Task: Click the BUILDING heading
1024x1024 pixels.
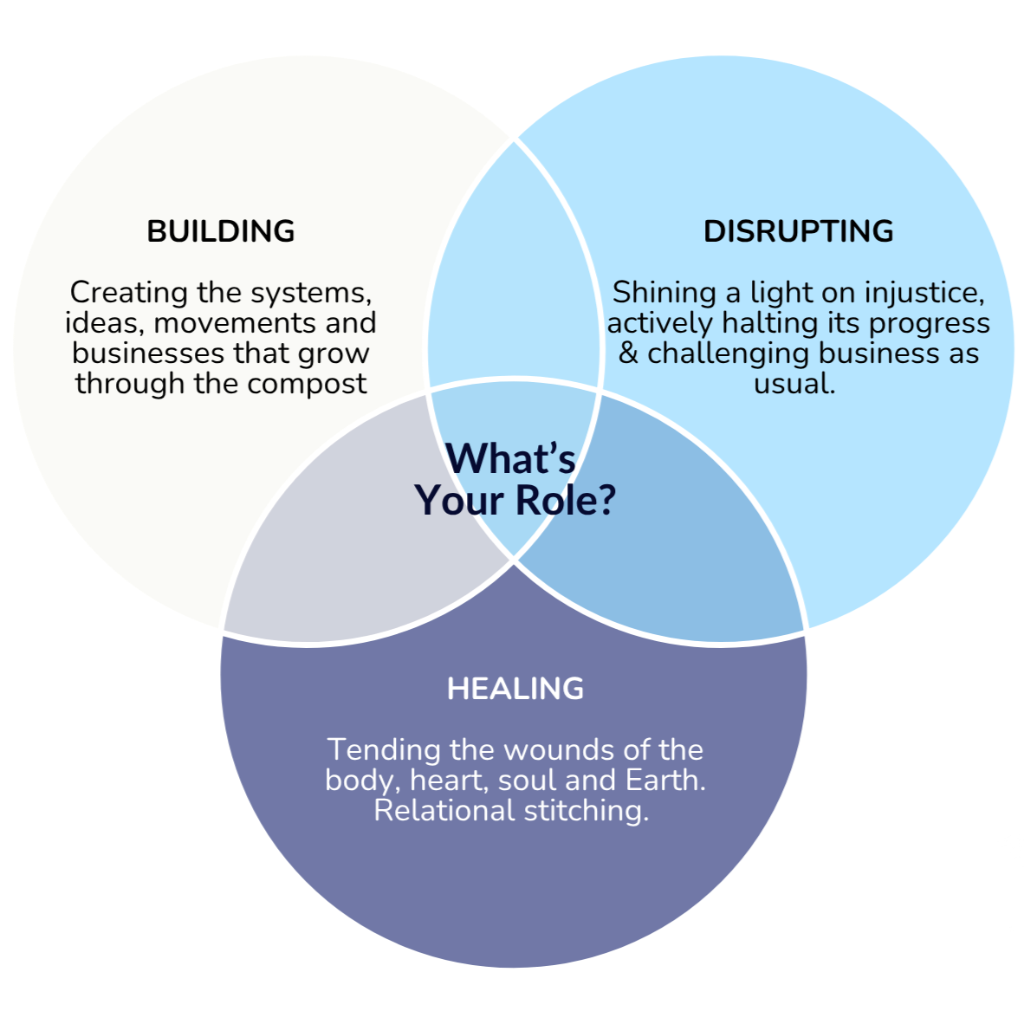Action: click(220, 231)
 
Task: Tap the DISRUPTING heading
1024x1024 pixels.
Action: click(798, 231)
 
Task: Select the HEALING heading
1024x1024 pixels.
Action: click(515, 689)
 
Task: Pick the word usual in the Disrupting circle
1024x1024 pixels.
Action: click(794, 384)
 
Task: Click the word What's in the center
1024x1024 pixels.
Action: click(510, 459)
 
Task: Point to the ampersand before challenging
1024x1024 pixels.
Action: click(628, 353)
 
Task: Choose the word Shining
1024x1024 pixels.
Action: click(664, 294)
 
